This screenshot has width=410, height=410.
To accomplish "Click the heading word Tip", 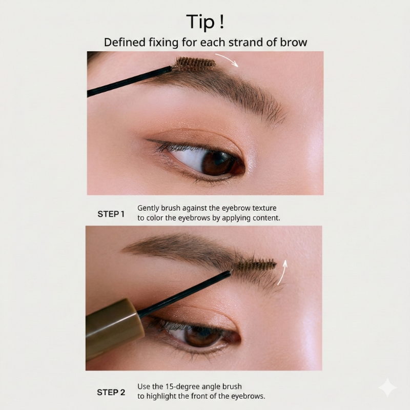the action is (200, 22).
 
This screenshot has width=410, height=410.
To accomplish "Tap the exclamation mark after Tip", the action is (222, 21).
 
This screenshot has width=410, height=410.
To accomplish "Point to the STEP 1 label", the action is (111, 214).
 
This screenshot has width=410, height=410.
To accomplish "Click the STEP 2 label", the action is (111, 392).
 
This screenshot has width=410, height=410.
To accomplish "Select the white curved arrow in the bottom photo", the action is (282, 272).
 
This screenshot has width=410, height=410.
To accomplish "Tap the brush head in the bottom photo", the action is (254, 265).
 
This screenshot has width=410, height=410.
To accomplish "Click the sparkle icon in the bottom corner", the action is (387, 387).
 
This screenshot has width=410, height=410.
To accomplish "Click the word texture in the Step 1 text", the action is (264, 208).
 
